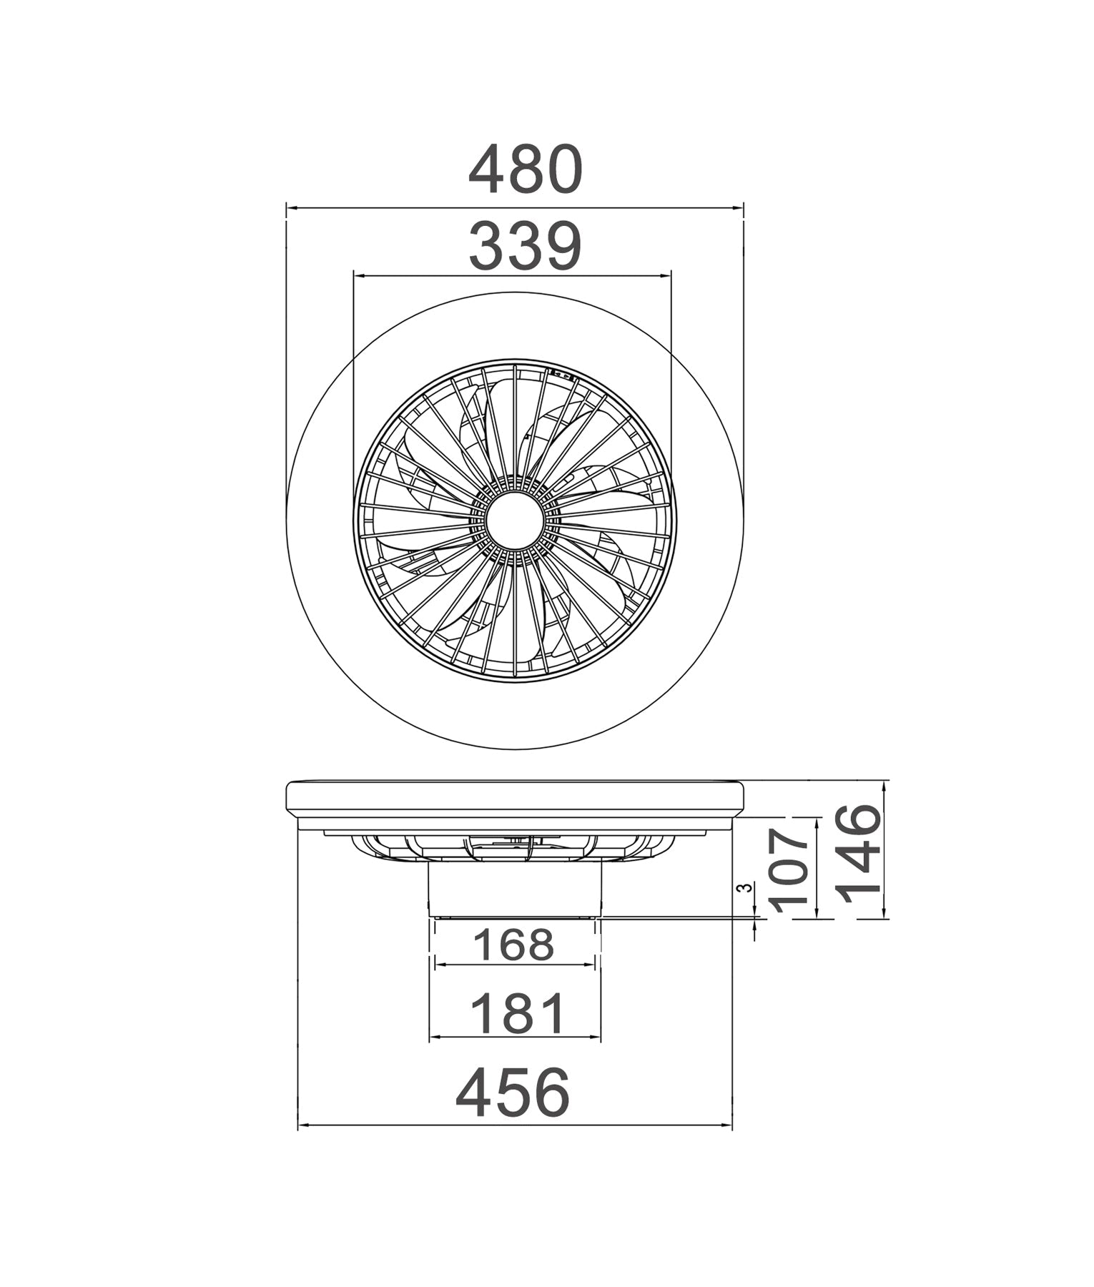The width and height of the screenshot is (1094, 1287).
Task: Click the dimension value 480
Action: (526, 170)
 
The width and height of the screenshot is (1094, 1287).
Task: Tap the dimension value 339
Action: (526, 247)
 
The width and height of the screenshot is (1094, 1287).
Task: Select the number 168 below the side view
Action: (514, 945)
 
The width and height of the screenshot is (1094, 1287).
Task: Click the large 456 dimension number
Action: (513, 1093)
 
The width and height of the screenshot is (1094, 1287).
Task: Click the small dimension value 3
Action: (745, 888)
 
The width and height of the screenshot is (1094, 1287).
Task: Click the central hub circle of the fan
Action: (514, 521)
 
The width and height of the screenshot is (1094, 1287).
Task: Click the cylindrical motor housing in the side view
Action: (514, 890)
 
